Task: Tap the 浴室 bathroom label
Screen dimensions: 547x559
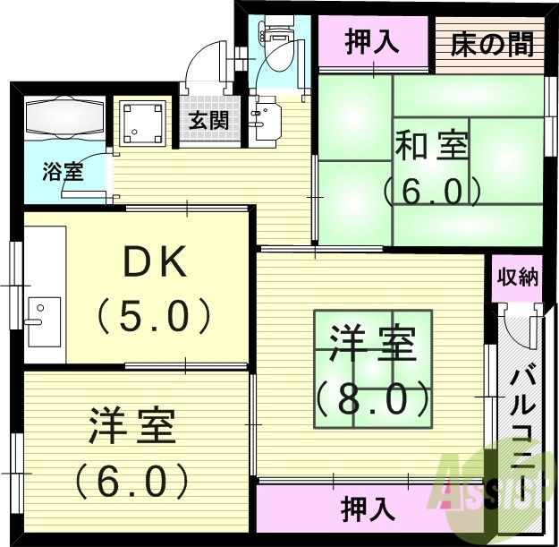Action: click(62, 171)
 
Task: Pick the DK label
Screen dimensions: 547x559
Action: click(155, 264)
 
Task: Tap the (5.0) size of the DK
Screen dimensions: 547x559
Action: click(154, 315)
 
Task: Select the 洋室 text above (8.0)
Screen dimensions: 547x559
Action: click(372, 345)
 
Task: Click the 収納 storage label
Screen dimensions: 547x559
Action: click(517, 277)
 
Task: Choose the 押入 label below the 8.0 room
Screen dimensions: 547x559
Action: click(368, 509)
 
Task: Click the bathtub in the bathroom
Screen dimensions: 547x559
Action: click(64, 117)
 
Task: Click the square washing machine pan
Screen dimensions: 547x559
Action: click(142, 124)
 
